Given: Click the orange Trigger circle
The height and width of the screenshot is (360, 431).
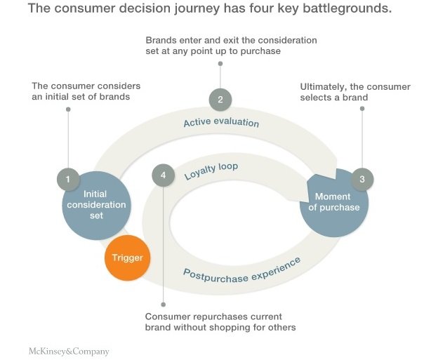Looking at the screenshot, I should [x=127, y=258].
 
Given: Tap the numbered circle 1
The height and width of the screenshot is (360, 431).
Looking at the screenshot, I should [x=68, y=180].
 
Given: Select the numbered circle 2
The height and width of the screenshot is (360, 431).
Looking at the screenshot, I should [x=220, y=99].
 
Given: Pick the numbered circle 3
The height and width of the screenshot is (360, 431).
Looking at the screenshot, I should [x=362, y=179].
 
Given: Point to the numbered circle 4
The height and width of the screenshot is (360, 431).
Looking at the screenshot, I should [x=163, y=175].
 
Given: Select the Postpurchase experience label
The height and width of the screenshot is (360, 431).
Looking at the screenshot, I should [x=241, y=269].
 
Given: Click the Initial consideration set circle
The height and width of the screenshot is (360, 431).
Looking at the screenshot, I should [x=96, y=204].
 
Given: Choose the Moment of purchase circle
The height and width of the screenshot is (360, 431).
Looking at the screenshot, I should [x=336, y=202].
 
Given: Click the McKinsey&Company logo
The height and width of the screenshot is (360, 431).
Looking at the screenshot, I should [x=68, y=350].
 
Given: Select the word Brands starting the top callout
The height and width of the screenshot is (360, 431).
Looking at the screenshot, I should [x=161, y=40].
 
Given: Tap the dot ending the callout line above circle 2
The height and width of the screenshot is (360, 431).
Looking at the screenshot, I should [x=220, y=64].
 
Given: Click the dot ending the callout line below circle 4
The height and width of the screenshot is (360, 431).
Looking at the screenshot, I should [x=163, y=305].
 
